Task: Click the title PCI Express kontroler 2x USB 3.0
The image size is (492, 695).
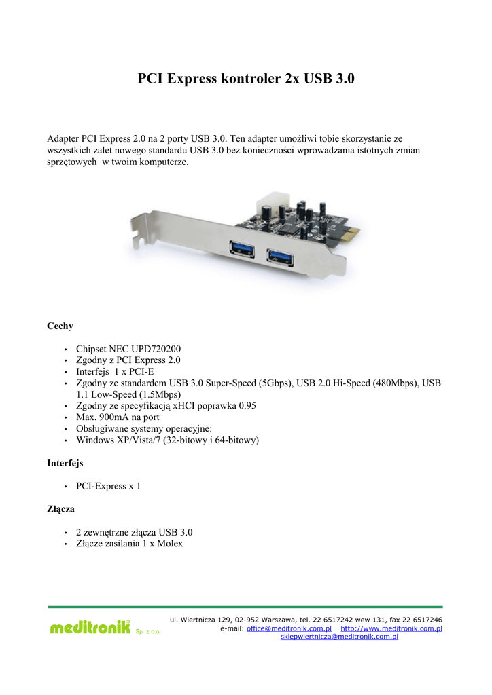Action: (x=246, y=79)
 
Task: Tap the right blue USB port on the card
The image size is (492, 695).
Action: (x=279, y=256)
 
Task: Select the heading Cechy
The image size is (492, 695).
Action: (x=60, y=326)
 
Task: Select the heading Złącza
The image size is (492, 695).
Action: (x=60, y=508)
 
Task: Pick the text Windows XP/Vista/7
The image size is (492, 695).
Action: (x=118, y=440)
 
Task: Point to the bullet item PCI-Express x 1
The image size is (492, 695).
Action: (x=108, y=486)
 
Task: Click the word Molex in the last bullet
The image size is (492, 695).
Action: (x=169, y=544)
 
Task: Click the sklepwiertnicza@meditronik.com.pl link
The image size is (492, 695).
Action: (x=339, y=637)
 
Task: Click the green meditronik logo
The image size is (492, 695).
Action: (x=90, y=628)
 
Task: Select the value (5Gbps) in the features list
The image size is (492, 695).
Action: (x=277, y=383)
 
